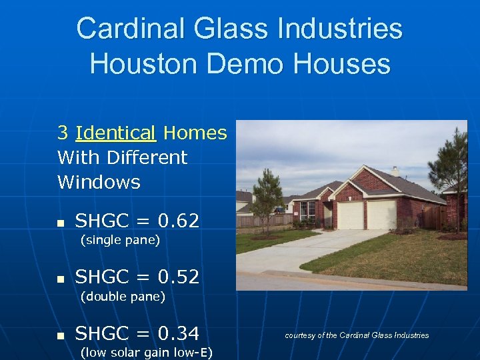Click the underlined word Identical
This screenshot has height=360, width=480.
pos(115,133)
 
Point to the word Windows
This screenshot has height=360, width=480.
pos(99,182)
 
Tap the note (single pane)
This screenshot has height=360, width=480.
pos(120,240)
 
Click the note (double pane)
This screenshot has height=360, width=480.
pos(123,297)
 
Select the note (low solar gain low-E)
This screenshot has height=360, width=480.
pos(146,353)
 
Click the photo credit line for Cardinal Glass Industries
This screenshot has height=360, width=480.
pos(357,335)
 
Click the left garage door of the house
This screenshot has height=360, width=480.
pos(351,215)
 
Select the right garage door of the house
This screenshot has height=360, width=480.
pos(382,215)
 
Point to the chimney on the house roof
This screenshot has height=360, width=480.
pos(395,171)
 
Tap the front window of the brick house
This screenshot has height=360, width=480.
pos(307,211)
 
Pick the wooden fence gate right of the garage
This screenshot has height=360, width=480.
pos(432,217)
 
